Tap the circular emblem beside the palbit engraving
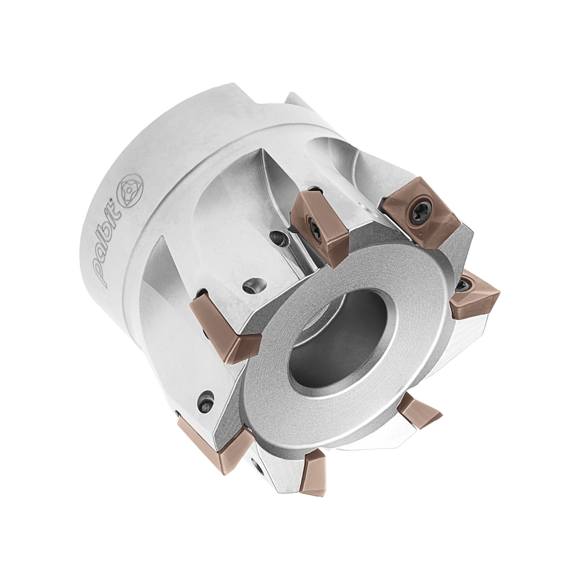point(130,190)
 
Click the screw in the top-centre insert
point(313,226)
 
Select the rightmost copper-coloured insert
point(476,295)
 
